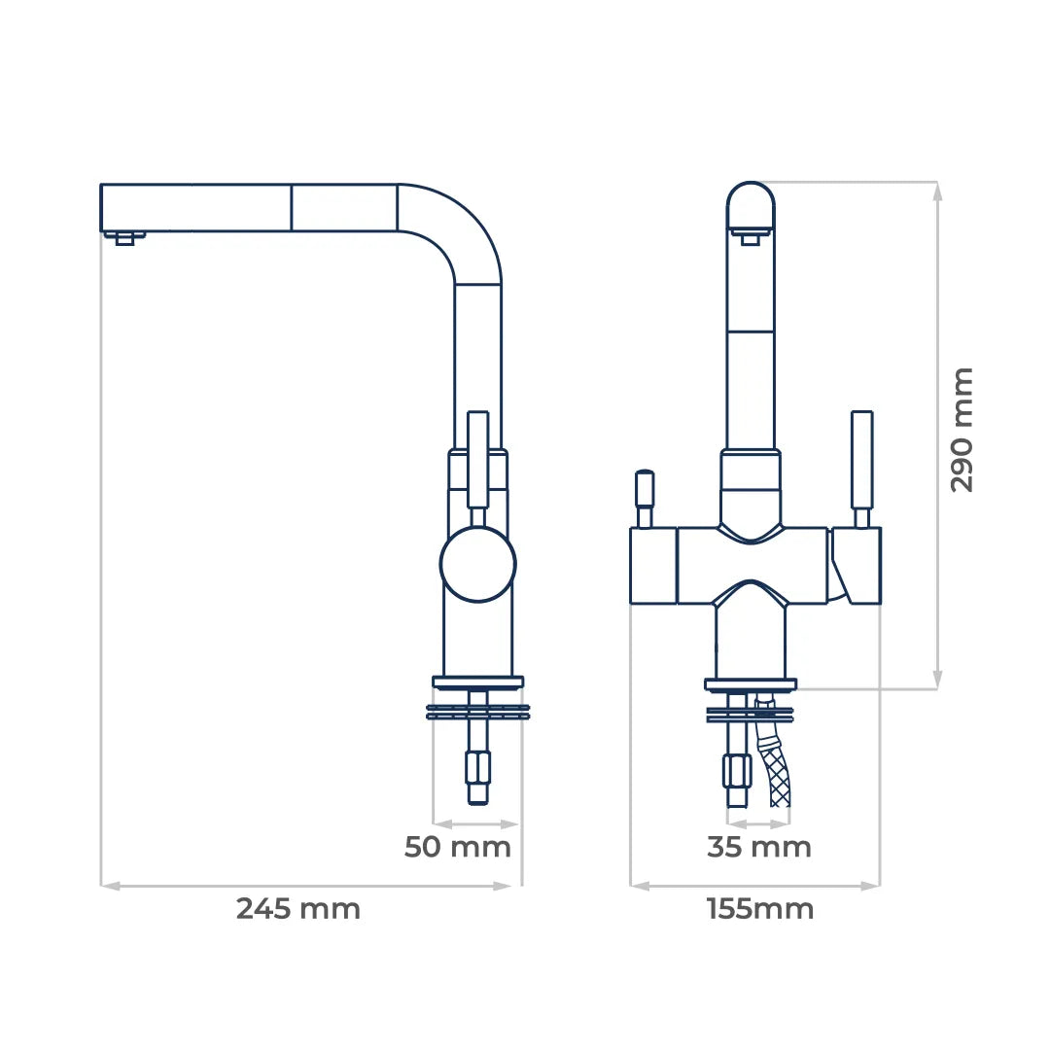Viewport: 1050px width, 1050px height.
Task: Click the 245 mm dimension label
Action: click(x=298, y=909)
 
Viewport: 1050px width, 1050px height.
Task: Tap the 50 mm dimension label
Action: click(x=457, y=847)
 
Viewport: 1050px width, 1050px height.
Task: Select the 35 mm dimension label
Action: click(x=758, y=847)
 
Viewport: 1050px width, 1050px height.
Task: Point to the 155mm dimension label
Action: click(x=760, y=909)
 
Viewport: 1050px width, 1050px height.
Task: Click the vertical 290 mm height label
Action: click(x=962, y=430)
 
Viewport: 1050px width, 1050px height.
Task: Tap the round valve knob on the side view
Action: click(x=477, y=563)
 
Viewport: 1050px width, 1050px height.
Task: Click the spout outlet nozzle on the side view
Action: click(x=124, y=238)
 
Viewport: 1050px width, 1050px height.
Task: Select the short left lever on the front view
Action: click(x=645, y=498)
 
